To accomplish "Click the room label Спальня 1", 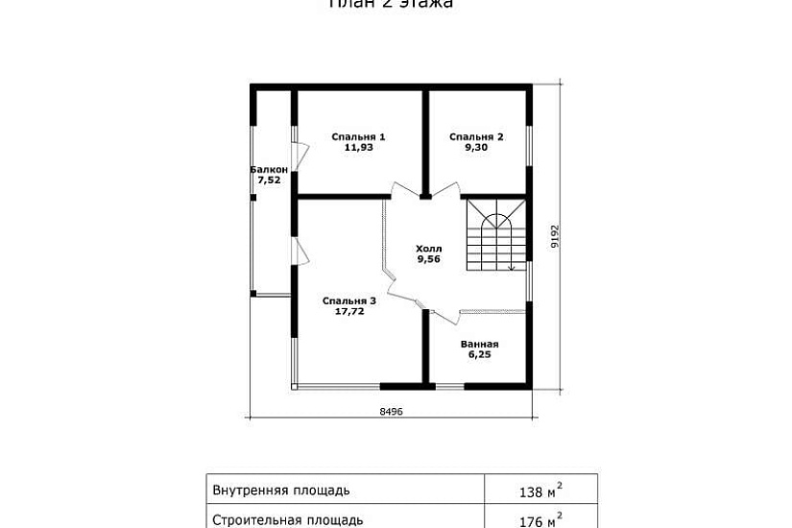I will click(358, 136).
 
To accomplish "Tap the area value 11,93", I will click(358, 148).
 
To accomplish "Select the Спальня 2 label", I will click(476, 136).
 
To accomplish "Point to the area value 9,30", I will click(476, 148).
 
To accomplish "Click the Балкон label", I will click(269, 169).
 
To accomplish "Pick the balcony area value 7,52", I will click(269, 180).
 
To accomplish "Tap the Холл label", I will click(428, 248).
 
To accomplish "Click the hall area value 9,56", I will click(428, 258).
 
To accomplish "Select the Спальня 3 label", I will click(349, 300).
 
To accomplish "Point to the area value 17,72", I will click(349, 311).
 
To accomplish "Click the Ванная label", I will click(479, 344).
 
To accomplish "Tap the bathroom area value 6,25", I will click(479, 354).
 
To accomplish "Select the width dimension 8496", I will click(391, 411).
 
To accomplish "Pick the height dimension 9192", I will click(554, 236).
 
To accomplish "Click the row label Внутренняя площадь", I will click(280, 491).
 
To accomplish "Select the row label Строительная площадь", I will click(287, 520).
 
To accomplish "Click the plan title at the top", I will click(391, 4).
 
